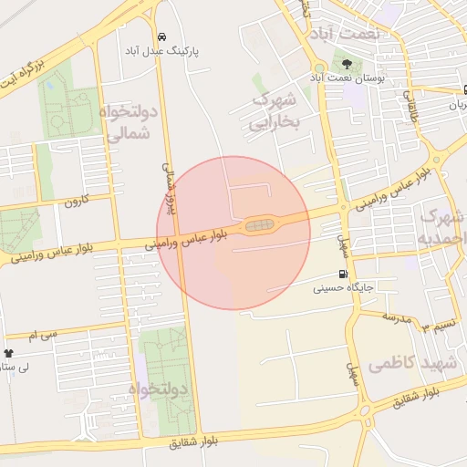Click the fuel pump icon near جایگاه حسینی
pos(343,274)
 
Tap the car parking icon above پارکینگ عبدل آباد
pos(161,37)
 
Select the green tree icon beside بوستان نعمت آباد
pos(348,63)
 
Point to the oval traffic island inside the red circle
pos(260,224)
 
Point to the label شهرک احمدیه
pos(441,227)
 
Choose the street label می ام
pos(43,335)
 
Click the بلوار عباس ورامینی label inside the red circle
pos(187,240)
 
